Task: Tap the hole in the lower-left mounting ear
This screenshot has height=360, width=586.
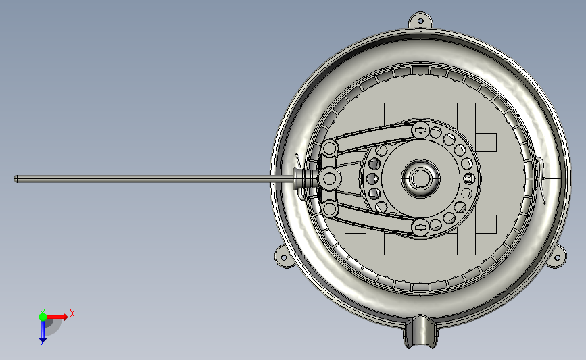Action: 283,257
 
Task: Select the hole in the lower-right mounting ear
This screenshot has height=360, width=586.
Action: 557,258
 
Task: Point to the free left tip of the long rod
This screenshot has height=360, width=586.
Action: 15,179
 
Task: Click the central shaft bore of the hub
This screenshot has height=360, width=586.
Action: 420,178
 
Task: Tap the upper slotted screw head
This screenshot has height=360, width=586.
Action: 420,130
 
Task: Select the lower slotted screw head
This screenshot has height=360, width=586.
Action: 420,226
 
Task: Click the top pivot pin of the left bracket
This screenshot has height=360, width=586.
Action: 329,148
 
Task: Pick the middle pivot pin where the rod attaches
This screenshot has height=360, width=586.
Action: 329,178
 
